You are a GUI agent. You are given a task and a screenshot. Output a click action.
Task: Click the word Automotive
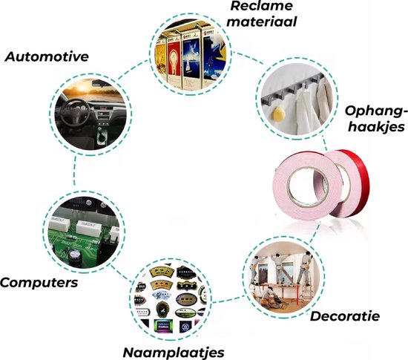click(47, 56)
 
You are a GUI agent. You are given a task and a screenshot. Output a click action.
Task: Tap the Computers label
click(39, 282)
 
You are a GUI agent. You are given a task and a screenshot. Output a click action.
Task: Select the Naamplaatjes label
click(174, 353)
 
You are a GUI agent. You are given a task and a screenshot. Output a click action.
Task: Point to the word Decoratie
click(345, 316)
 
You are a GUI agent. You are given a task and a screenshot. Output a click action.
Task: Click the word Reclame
click(262, 6)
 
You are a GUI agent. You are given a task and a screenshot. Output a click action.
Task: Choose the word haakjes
click(376, 127)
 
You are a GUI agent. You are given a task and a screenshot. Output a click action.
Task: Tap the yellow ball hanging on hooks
click(278, 114)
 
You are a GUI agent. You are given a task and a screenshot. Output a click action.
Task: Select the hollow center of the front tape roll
click(308, 186)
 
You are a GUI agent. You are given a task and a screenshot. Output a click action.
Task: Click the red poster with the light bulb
click(174, 59)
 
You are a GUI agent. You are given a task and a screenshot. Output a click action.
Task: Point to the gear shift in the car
click(102, 135)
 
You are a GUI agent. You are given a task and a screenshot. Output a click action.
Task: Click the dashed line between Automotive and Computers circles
click(75, 171)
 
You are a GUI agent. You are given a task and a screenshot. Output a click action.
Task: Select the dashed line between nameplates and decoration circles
click(228, 299)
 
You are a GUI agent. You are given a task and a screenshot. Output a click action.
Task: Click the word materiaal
click(262, 22)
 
